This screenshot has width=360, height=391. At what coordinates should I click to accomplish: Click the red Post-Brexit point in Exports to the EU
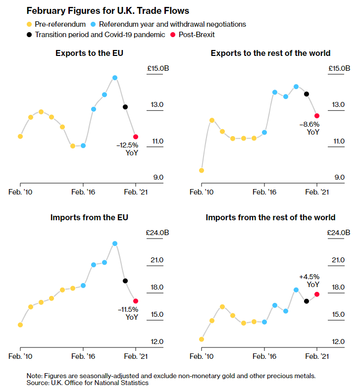click(136, 137)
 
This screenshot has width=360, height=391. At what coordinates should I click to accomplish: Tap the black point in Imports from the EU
click(125, 281)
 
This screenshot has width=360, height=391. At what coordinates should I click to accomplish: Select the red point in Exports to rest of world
click(317, 116)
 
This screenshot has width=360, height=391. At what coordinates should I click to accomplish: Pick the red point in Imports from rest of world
click(317, 294)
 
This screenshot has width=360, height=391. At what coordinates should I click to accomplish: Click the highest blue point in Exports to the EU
click(115, 78)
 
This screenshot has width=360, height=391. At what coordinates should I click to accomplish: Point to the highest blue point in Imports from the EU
click(115, 244)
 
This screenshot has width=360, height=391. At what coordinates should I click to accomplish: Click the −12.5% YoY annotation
click(127, 149)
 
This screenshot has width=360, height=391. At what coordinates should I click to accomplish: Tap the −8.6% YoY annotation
click(309, 128)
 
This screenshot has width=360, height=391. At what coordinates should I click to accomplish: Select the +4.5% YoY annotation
click(309, 281)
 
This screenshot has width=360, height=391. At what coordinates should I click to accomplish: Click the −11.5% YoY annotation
click(128, 313)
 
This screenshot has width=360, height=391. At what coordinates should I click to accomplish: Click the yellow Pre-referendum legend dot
click(29, 24)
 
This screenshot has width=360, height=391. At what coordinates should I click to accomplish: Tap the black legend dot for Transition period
click(29, 35)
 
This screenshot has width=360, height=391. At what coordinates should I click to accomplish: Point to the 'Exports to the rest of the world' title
click(270, 53)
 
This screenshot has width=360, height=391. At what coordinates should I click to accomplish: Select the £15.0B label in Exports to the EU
click(158, 68)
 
